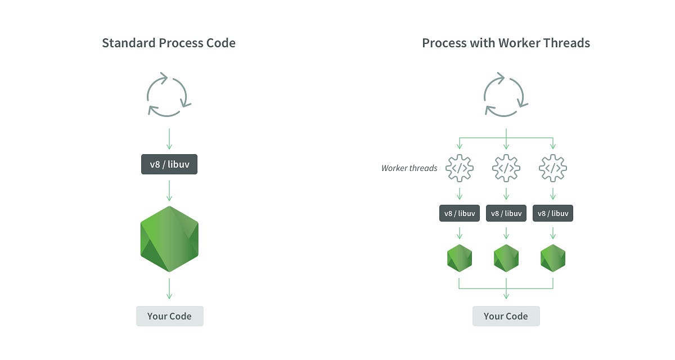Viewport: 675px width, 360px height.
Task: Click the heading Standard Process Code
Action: (169, 43)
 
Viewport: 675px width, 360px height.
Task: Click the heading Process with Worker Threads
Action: (506, 43)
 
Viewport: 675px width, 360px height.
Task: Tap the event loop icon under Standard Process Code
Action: (169, 94)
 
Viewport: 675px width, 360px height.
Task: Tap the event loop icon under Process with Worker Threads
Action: (506, 94)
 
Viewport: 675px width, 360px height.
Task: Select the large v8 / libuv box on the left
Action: (169, 165)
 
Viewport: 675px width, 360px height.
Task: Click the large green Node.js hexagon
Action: (169, 239)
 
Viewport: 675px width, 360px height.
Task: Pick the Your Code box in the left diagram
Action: (169, 316)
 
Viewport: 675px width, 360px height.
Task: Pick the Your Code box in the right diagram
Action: (506, 316)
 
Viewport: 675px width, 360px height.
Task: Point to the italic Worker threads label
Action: (409, 168)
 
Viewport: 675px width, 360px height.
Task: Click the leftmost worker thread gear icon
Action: (460, 168)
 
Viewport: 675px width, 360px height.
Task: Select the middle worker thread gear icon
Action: (506, 168)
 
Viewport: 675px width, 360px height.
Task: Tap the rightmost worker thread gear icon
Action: (553, 168)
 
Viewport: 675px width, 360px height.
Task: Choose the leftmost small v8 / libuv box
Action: (460, 213)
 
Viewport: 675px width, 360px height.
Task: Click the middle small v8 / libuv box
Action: (506, 213)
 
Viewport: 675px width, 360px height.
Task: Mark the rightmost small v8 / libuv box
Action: (553, 213)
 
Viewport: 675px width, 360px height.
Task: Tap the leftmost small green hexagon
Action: (460, 258)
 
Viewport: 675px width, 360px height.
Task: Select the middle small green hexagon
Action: (506, 258)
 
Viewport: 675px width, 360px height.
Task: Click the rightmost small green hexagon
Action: (553, 258)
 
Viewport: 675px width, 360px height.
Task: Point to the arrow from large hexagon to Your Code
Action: (169, 288)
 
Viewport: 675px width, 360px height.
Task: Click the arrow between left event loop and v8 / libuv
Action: (169, 138)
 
